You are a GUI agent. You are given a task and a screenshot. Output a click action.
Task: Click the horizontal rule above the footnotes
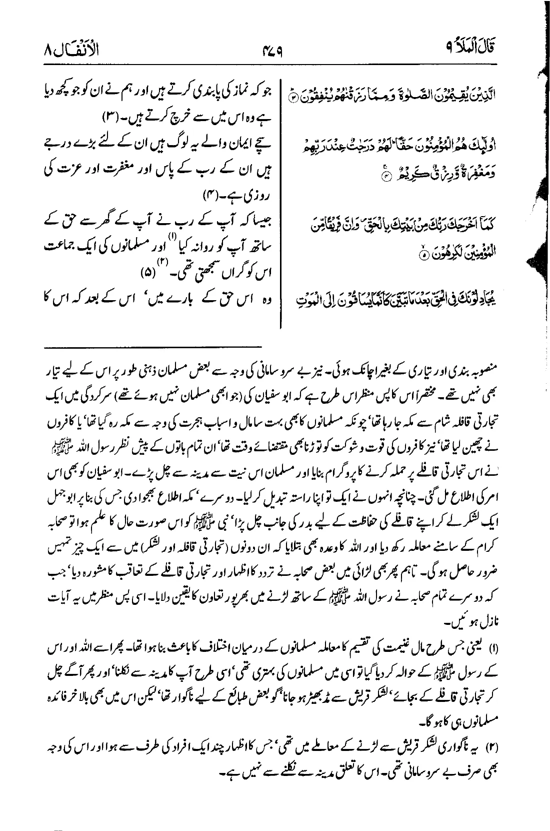(153, 346)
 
